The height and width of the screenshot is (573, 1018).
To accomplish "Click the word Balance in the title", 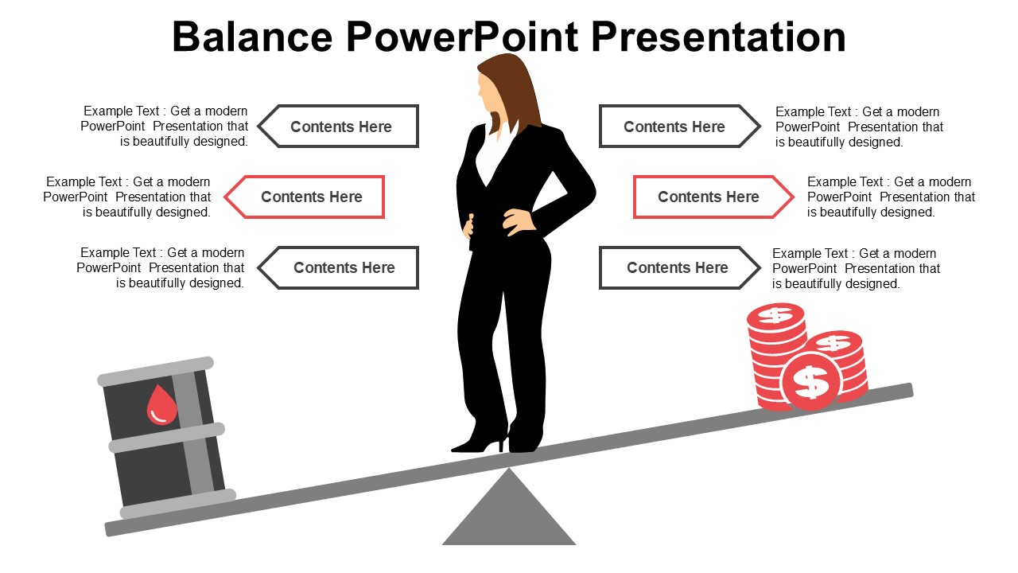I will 252,37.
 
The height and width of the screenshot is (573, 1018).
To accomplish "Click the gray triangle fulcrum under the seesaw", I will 509,517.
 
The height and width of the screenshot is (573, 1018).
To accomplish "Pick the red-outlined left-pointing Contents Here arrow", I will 305,197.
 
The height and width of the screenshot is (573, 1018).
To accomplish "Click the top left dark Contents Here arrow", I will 340,127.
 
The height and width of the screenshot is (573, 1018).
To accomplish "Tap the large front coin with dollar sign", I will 811,381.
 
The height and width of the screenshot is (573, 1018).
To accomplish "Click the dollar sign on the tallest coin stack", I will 775,315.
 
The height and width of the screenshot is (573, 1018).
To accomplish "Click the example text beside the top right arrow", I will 859,127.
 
